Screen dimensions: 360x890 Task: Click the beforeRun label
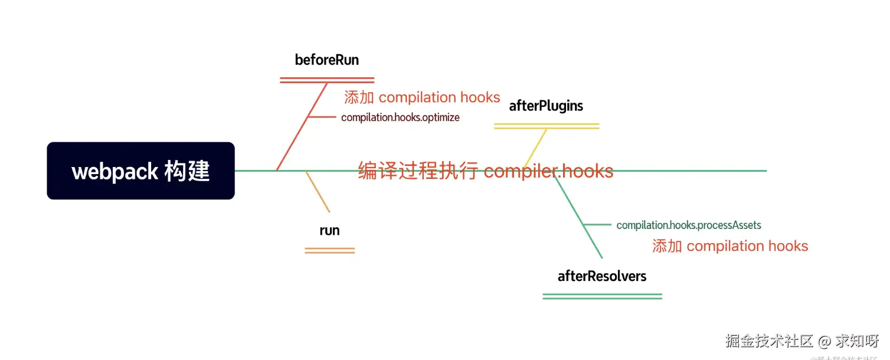point(326,60)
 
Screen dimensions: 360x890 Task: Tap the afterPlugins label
point(546,106)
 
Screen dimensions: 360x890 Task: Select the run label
point(329,230)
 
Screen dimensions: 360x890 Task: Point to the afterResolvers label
point(602,276)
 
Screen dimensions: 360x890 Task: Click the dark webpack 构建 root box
point(140,171)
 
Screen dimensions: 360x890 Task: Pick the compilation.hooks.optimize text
point(400,117)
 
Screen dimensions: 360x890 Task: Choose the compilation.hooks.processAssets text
point(689,225)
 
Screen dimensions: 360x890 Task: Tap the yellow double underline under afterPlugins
point(546,126)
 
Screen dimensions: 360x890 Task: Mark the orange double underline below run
point(329,251)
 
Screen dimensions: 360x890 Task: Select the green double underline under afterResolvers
point(602,296)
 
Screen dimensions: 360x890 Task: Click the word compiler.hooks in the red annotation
point(548,171)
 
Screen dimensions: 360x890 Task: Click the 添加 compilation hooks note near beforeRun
point(422,97)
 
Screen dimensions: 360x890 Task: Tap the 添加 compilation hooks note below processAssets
point(730,246)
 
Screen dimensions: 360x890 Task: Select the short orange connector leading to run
point(318,192)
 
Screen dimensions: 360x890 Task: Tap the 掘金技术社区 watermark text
point(770,341)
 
